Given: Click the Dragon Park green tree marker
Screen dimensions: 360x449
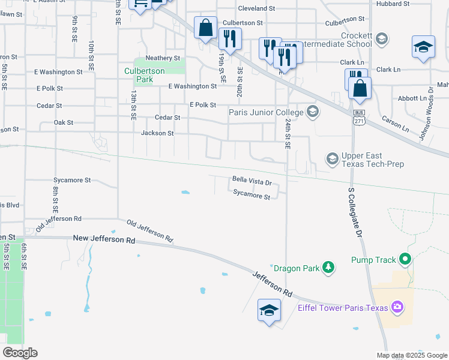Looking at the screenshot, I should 328,268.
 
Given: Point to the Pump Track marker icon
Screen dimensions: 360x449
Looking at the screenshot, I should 405,260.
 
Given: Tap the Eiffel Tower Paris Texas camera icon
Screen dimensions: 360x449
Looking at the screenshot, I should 397,308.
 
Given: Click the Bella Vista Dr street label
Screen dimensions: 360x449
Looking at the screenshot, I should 252,181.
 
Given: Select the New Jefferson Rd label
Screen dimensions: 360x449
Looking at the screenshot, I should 104,239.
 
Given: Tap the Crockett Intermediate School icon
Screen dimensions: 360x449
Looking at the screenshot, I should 381,40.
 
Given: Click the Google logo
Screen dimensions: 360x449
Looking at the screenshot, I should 20,352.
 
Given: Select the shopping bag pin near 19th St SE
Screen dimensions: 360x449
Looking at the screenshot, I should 205,28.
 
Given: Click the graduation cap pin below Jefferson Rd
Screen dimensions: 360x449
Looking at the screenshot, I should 269,310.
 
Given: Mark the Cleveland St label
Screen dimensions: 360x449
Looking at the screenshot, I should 256,9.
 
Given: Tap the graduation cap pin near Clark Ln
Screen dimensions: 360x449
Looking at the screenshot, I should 423,47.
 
